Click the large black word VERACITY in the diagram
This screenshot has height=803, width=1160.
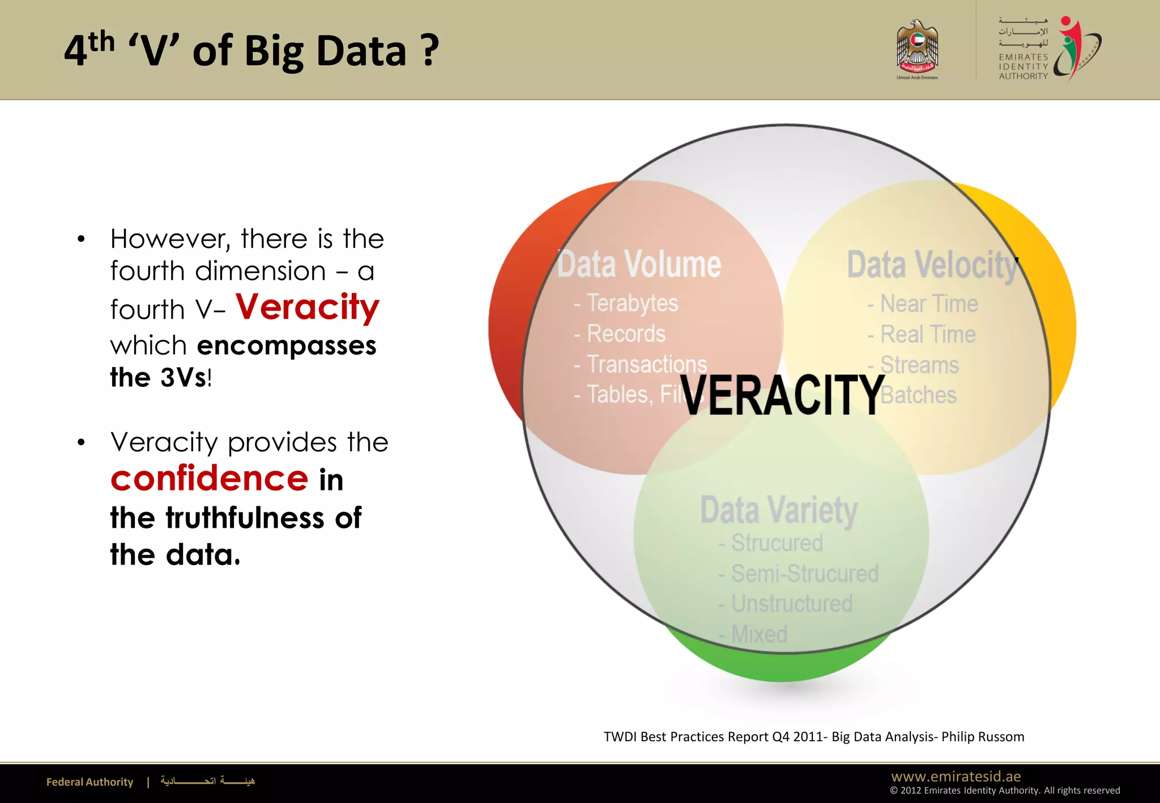pos(782,395)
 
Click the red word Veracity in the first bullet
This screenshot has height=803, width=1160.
pos(308,307)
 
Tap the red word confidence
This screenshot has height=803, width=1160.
pos(209,479)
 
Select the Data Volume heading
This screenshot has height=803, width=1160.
pos(639,264)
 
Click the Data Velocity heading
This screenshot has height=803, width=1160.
pos(932,265)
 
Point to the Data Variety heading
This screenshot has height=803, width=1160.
pos(779,510)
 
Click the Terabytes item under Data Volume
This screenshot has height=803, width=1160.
pos(632,304)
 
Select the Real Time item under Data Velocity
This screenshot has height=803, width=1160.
pos(927,335)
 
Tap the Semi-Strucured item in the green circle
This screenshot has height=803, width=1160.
pos(804,574)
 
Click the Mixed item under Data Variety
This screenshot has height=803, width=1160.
pos(758,634)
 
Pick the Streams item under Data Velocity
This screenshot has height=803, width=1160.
pos(919,365)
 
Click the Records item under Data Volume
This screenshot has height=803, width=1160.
pos(625,334)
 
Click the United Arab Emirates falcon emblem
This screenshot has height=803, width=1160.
pos(917,48)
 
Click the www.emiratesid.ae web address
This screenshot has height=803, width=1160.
pos(956,776)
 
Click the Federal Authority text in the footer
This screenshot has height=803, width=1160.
pos(89,782)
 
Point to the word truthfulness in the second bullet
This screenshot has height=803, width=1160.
pos(244,518)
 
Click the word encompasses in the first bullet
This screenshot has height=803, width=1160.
pos(286,345)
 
